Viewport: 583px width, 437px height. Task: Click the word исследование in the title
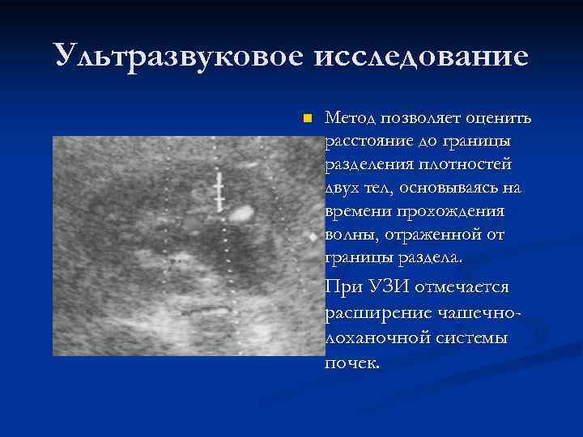click(419, 57)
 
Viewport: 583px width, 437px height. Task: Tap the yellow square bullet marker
click(305, 120)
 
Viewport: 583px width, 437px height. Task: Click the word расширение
click(369, 312)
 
